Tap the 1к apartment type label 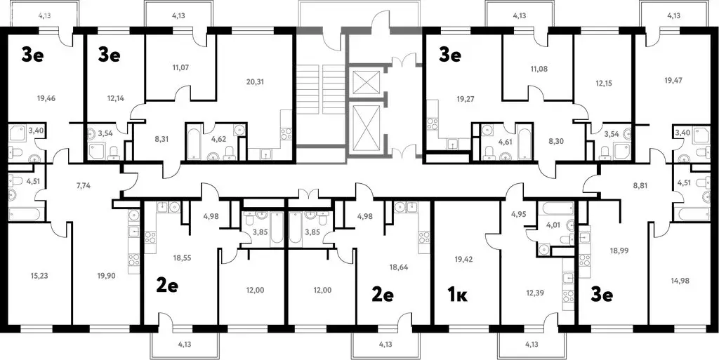click(x=458, y=295)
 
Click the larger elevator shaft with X click(x=365, y=125)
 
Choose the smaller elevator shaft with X click(x=365, y=82)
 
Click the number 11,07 click(x=180, y=67)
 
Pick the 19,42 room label click(x=464, y=259)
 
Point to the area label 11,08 click(x=538, y=69)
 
